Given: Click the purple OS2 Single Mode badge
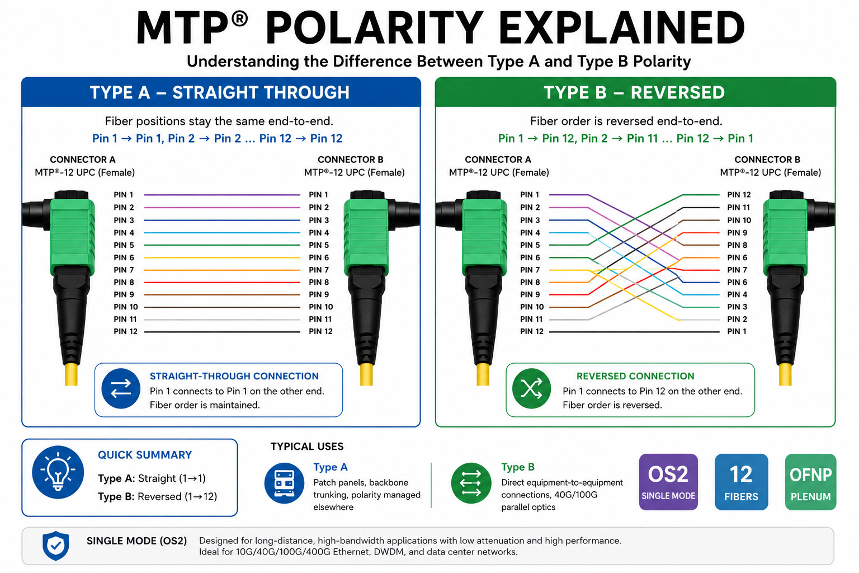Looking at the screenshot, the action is coord(668,482).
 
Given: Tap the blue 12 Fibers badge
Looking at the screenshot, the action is coord(741,482).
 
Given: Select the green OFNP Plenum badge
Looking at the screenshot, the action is coord(810,482).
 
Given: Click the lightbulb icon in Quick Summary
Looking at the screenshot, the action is coord(58,472).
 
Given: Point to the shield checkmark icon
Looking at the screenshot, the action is coord(55,546).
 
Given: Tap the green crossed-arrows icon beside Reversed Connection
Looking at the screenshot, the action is coord(531,389).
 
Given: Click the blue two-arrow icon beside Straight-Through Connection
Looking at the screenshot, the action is coord(121,389).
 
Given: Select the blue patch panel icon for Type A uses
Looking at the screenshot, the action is coord(284,483).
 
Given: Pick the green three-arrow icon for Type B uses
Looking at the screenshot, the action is coord(471,483).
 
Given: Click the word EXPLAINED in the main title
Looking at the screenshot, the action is coord(622,27).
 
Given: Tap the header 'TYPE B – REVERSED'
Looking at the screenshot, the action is coord(634,92).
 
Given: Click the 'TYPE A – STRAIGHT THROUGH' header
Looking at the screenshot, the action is coord(220,92).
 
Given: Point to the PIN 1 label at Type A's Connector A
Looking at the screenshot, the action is coord(124,195).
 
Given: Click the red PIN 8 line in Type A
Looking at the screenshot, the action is coord(222,283).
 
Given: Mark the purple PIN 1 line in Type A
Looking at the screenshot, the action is coord(222,195).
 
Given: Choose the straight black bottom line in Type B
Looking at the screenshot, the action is coord(634,332).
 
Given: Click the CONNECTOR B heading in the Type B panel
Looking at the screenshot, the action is coord(767,159).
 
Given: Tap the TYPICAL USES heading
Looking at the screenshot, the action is coord(307,447).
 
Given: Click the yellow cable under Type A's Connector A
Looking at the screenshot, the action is coord(72,374).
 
